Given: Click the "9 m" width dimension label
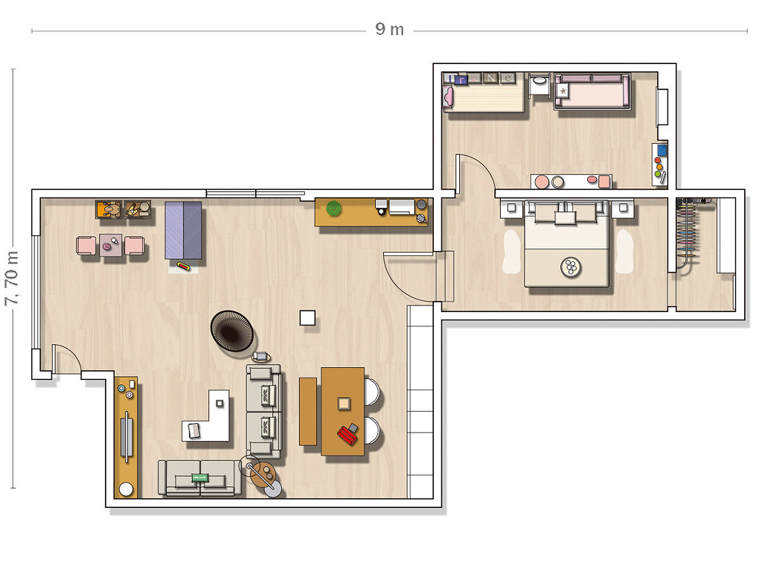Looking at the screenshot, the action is (389, 29).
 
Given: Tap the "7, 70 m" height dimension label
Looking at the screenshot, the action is (12, 279).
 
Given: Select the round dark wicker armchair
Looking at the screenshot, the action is (232, 330).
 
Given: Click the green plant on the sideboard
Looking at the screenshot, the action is (334, 209).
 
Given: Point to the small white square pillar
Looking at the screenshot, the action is (307, 317).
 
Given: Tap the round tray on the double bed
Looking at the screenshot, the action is (571, 267).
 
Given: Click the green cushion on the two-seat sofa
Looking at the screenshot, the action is (199, 477).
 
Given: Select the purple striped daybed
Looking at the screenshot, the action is (183, 231).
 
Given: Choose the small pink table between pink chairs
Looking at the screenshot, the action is (111, 245).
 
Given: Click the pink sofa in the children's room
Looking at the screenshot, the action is (592, 92).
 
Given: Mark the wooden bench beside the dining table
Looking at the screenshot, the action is (307, 411).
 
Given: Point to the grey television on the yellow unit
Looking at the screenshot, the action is (127, 436).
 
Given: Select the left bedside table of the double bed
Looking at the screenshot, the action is (511, 208).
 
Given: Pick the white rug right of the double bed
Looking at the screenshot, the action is (624, 251).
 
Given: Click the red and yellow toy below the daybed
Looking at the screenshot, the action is (183, 266).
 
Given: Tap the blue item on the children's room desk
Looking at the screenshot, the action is (662, 150).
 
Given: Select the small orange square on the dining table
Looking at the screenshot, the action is (344, 403).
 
